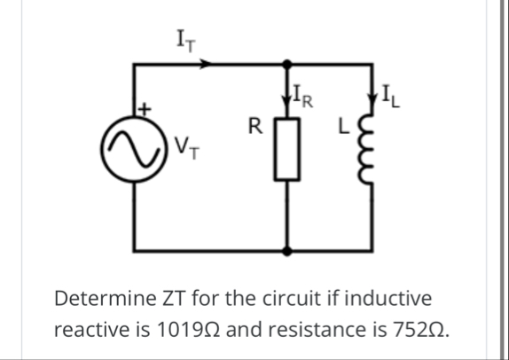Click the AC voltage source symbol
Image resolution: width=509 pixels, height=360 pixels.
(133, 142)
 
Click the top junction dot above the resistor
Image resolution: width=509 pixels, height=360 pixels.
(286, 63)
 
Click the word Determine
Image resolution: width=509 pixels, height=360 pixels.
(98, 297)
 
